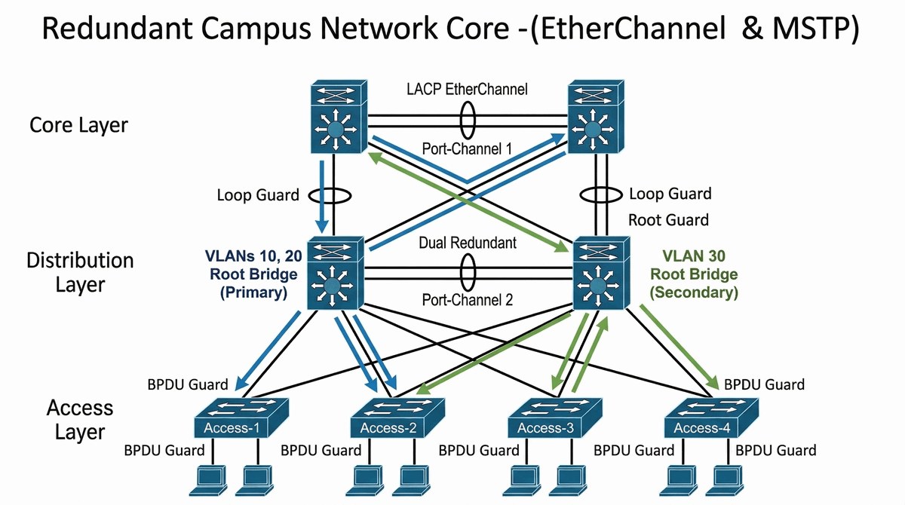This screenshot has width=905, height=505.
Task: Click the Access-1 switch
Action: pyautogui.click(x=241, y=418)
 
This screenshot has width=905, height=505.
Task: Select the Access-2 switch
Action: pyautogui.click(x=398, y=418)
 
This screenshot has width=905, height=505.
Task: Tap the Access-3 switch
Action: pyautogui.click(x=555, y=418)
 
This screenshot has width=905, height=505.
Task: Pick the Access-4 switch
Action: pyautogui.click(x=711, y=418)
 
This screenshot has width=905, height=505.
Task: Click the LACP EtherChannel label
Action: pyautogui.click(x=467, y=89)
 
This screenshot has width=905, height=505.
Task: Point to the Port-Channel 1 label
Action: pyautogui.click(x=467, y=149)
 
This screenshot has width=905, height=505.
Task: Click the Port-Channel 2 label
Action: pyautogui.click(x=468, y=300)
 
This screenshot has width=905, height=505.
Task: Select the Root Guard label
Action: pyautogui.click(x=669, y=220)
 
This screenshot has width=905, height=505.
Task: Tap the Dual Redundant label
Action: pyautogui.click(x=468, y=243)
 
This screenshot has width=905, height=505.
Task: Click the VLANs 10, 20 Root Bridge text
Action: pyautogui.click(x=253, y=265)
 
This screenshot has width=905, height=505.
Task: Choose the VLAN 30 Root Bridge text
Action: pyautogui.click(x=694, y=265)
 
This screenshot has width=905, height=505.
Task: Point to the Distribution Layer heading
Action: pyautogui.click(x=80, y=273)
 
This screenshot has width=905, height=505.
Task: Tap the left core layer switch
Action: pyautogui.click(x=339, y=117)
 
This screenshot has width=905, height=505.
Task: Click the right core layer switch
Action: pyautogui.click(x=596, y=117)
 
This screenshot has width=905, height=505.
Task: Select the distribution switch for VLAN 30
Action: pyautogui.click(x=602, y=274)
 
